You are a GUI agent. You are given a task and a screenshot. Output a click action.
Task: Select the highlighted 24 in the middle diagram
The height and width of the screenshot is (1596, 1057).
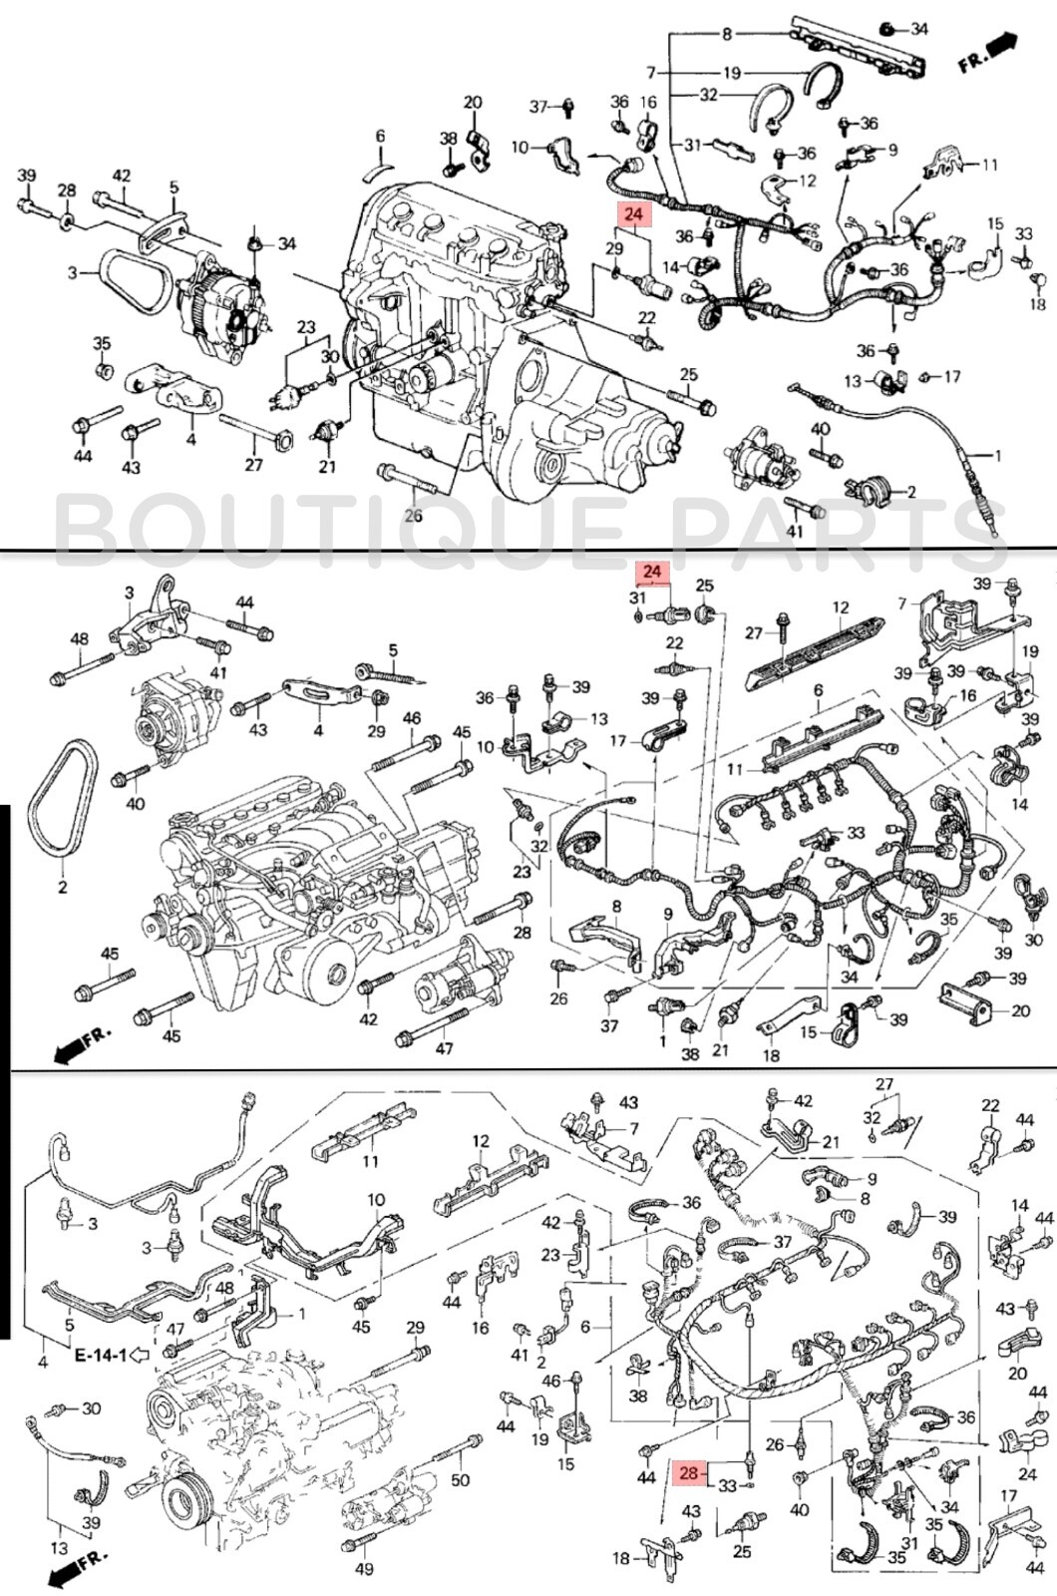pos(651,572)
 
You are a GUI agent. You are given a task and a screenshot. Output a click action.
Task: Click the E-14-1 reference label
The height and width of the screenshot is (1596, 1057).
pos(101,1355)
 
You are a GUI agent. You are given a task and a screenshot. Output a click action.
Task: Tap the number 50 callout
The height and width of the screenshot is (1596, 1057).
pos(460,1479)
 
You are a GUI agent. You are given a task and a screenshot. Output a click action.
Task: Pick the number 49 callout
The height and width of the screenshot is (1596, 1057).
pos(364,1570)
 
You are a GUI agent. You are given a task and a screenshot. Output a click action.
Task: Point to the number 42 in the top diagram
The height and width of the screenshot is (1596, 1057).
pos(121,176)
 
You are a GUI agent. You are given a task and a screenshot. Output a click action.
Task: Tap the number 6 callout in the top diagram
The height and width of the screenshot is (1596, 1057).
pos(380,136)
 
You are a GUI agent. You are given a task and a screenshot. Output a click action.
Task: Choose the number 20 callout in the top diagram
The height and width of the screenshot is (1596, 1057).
pos(473,102)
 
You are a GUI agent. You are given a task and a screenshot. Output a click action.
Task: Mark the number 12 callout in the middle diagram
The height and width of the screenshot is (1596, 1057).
pos(841,606)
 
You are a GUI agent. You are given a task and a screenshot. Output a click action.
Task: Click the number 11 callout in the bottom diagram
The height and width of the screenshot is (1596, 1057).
pos(370,1161)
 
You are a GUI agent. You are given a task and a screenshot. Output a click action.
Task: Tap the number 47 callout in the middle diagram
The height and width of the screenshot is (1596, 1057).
pos(445,1048)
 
